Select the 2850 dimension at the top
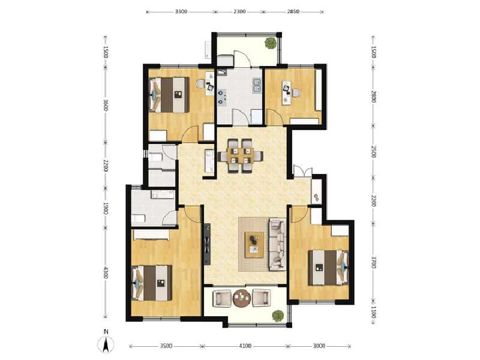(x=293, y=11)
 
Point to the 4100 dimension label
(x=245, y=346)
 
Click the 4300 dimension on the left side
(x=106, y=273)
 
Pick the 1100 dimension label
(x=373, y=311)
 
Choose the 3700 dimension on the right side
(x=373, y=263)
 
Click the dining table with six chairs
(x=241, y=155)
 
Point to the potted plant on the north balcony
(x=271, y=43)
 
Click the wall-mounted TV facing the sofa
(x=207, y=244)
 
